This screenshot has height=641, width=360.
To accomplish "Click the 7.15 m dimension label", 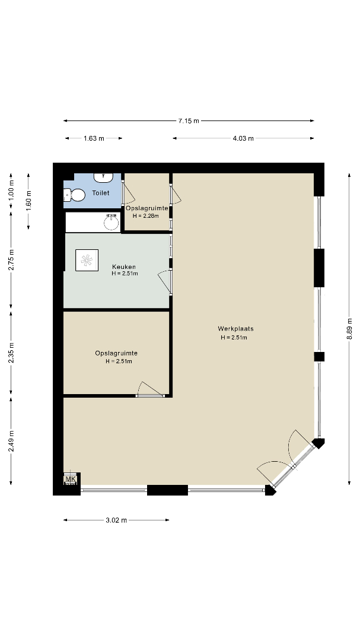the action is pos(189,120).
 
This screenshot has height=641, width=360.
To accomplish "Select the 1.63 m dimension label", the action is pos(94,138).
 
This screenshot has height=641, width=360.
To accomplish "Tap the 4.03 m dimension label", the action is pos(243,138).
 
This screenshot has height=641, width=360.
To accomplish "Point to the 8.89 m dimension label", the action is pos(349,329).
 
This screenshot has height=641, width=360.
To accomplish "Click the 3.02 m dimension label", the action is pos(116,520).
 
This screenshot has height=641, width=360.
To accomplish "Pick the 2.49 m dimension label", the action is pos(11,442).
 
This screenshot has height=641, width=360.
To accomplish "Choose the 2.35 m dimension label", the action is pos(11,353).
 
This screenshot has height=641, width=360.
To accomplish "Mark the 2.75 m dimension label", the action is pos(11,259).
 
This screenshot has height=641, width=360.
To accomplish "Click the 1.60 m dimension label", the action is pos(28,201).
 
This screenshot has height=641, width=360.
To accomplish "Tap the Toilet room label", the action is pos(100,193).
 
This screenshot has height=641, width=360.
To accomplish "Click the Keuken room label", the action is pos(124,267).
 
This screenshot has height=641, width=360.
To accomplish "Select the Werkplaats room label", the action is pos(236,329).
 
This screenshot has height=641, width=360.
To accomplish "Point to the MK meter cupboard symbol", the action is pos(71,479).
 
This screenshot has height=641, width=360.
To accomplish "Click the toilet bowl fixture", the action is pos(74,195).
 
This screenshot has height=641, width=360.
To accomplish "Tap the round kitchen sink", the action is pos(111,223).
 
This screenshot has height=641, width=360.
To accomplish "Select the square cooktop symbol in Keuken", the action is pos(87,260).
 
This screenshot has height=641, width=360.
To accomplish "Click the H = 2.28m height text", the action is pos(145,216).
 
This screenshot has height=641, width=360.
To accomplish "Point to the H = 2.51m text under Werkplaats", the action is pos(234,338).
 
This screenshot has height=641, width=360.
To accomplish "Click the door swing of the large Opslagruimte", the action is pos(149,388).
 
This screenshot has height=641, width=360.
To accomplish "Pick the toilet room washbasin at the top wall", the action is pos(104,177).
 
